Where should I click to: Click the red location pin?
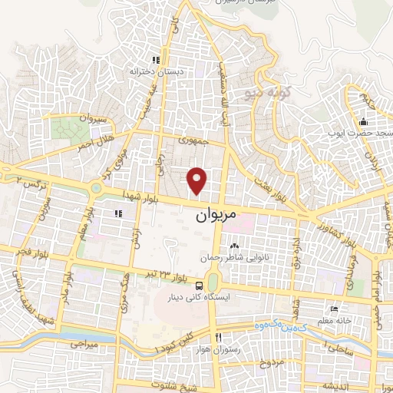pos(198,180)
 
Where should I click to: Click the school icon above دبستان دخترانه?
pos(155,60)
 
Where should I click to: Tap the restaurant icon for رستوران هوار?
pos(219,338)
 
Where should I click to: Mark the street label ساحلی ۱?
pos(337,348)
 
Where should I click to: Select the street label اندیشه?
pos(336,385)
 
